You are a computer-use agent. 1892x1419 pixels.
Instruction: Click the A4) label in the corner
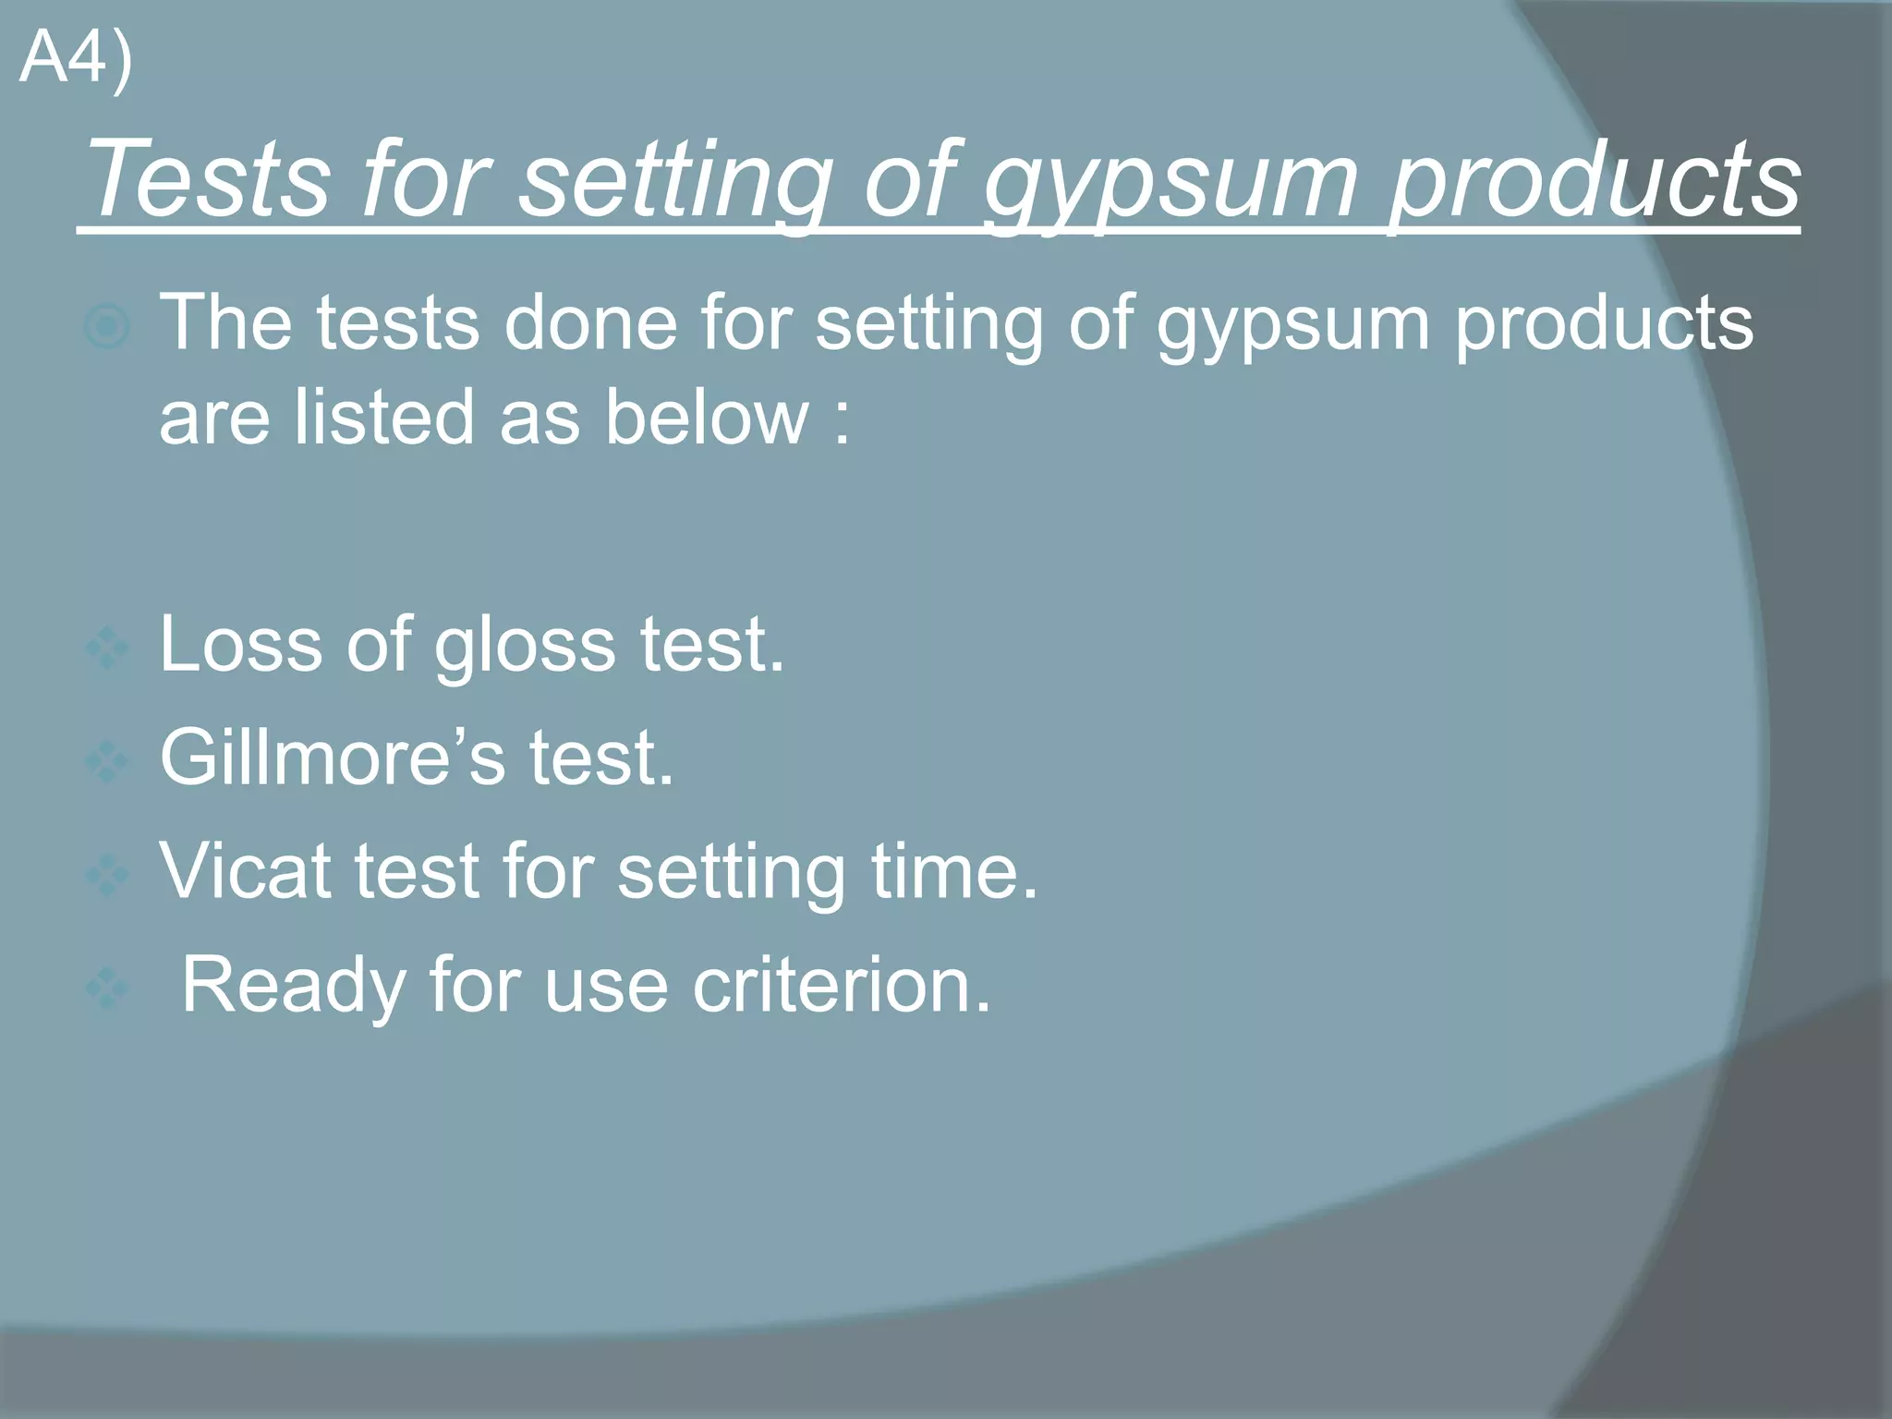tap(76, 59)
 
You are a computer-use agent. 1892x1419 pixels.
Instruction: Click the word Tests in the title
tap(208, 180)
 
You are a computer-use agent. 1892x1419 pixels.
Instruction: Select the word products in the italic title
tap(1594, 180)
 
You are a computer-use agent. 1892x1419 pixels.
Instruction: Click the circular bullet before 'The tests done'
tap(106, 326)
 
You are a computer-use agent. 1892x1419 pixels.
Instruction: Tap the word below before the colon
tap(707, 418)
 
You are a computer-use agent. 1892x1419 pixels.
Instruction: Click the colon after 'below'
tap(841, 425)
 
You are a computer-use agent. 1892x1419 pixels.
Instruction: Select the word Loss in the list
tap(240, 644)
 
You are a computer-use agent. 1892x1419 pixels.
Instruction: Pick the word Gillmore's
tap(333, 758)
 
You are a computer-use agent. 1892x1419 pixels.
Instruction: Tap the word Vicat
tap(245, 871)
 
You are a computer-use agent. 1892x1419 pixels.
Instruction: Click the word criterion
tap(841, 986)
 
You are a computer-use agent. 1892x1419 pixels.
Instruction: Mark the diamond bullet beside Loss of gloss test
tap(106, 648)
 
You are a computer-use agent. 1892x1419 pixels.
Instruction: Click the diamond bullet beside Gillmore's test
tap(106, 761)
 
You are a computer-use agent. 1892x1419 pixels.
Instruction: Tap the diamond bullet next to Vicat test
tap(106, 875)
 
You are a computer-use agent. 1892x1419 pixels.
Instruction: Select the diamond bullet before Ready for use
tap(106, 988)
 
